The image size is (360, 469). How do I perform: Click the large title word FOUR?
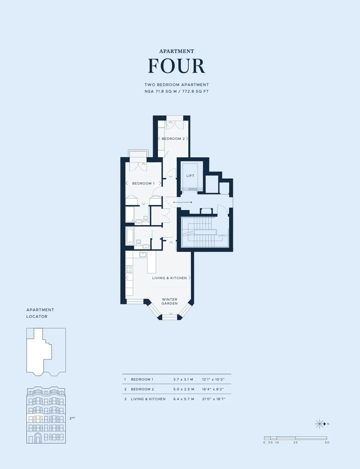177,66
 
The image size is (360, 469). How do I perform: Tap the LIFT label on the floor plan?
190,176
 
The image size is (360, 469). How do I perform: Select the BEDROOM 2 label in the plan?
173,139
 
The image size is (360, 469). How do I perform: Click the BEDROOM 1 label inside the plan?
143,184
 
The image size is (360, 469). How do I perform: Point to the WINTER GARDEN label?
170,301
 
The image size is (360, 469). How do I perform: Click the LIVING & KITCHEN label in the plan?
169,278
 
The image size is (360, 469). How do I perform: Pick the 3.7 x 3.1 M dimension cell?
183,379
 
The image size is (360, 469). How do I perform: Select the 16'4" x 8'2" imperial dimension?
213,389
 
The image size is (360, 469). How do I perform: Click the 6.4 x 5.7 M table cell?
184,399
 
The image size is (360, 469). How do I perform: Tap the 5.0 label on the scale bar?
327,443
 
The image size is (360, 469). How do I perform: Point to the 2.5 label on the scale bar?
295,443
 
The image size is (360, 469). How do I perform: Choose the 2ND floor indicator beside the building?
72,418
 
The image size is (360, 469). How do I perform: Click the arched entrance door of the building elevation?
38,438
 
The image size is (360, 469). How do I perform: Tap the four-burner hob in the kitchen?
129,270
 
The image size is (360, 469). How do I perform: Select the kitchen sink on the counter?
143,254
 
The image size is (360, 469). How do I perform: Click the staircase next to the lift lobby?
205,232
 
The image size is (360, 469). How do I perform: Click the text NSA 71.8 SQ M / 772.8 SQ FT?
177,91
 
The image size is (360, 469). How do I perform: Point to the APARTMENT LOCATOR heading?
40,313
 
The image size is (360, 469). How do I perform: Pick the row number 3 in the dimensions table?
125,399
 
